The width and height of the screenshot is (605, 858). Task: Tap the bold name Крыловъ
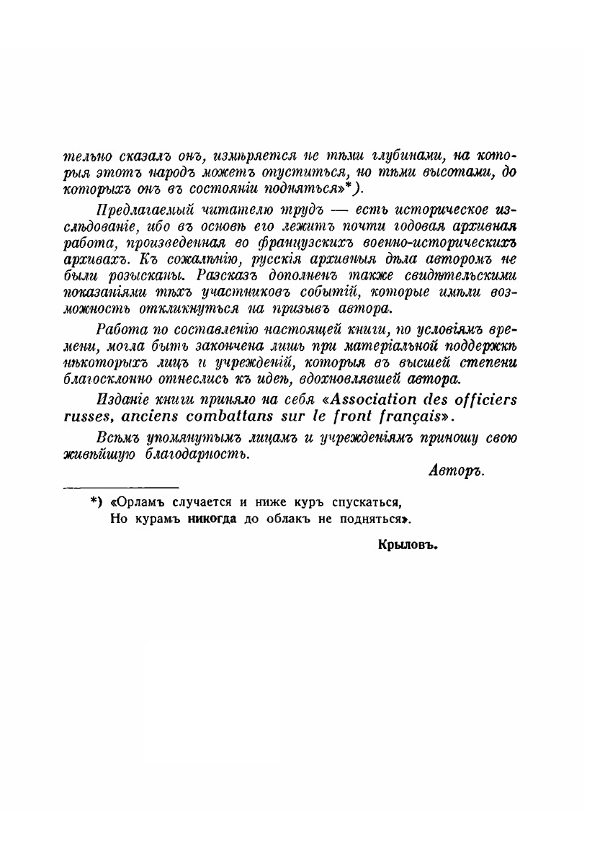tap(408, 545)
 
